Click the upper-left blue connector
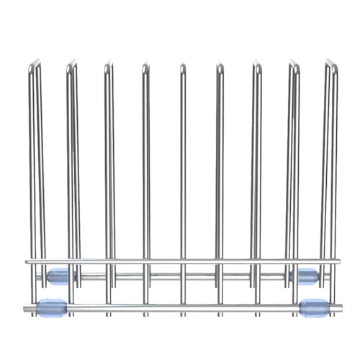(58, 275)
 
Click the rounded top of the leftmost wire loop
(34, 66)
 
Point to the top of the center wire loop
(182, 67)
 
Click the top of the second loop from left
(71, 66)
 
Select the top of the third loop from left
(108, 66)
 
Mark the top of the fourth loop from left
(145, 66)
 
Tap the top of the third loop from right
(256, 66)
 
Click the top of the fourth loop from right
(220, 66)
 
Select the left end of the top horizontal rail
(27, 261)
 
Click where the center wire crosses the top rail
(182, 261)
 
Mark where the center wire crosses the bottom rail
(182, 308)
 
